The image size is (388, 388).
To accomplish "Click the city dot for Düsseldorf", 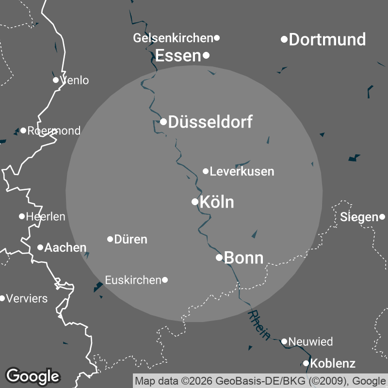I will [164, 121].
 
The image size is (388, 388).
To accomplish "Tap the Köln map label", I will [217, 202].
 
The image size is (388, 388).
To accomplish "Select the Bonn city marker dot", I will [219, 257].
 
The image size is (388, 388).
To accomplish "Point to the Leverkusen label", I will [242, 171].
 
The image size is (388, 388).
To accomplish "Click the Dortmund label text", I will [327, 39].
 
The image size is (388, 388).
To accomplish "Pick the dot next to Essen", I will [206, 55].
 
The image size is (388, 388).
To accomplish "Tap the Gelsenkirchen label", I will [173, 38].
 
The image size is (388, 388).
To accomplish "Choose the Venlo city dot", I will [56, 80].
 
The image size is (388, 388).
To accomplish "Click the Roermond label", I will [54, 130].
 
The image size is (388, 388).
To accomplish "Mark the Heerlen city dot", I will [22, 216].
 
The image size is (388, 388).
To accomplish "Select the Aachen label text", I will [65, 247].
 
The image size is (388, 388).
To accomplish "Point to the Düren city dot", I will [110, 239].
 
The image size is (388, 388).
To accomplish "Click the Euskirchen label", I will [133, 280].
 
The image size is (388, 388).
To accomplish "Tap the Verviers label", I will [27, 298].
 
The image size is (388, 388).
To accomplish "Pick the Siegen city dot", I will [382, 217].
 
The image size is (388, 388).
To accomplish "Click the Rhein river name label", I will [259, 325].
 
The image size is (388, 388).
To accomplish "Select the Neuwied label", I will [310, 341].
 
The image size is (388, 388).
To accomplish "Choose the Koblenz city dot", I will [306, 363].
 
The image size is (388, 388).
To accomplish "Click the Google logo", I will [33, 375].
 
